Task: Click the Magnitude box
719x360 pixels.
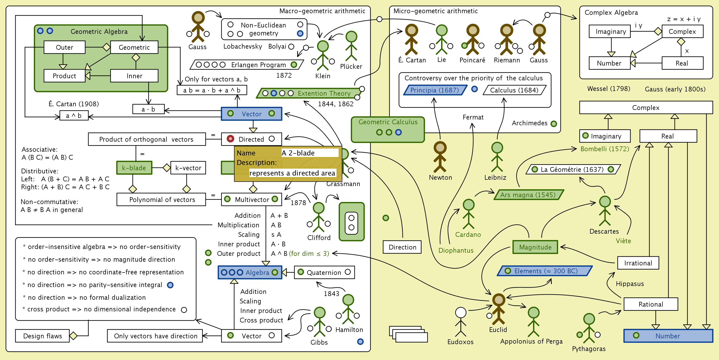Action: [x=535, y=247]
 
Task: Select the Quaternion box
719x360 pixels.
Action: [x=324, y=272]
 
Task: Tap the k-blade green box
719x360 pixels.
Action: [x=134, y=168]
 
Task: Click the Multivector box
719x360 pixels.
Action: [x=251, y=199]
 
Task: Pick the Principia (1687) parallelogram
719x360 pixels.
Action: [x=434, y=90]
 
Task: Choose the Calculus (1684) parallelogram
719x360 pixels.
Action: [x=514, y=90]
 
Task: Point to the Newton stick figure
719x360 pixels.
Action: [x=440, y=157]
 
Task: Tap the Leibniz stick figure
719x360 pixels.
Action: [x=497, y=157]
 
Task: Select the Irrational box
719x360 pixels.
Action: [x=638, y=263]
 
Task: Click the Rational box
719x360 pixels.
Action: [x=651, y=304]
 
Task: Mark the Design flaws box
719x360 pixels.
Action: [x=43, y=336]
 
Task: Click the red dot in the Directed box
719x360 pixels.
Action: [x=230, y=139]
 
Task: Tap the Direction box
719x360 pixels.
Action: [x=402, y=247]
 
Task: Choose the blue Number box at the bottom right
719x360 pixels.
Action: [x=668, y=336]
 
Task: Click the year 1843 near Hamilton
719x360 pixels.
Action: [x=331, y=294]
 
